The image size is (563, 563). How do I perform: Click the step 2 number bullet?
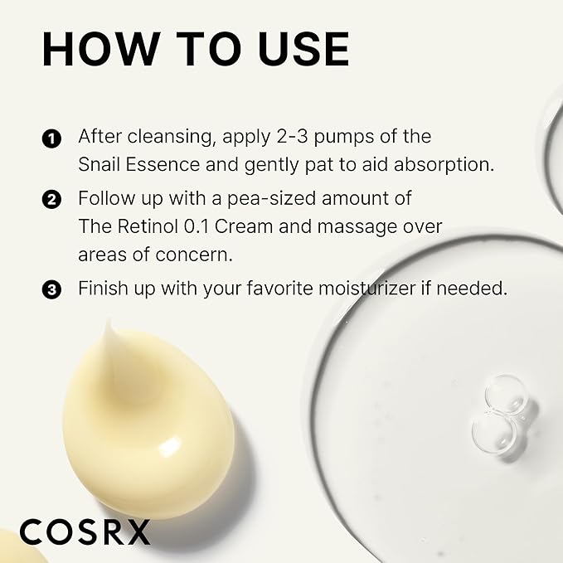point(52,200)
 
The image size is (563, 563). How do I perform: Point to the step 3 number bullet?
point(52,289)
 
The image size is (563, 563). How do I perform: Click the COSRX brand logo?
point(85,531)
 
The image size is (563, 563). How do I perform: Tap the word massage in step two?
point(371,226)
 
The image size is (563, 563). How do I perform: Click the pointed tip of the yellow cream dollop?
point(108,325)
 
